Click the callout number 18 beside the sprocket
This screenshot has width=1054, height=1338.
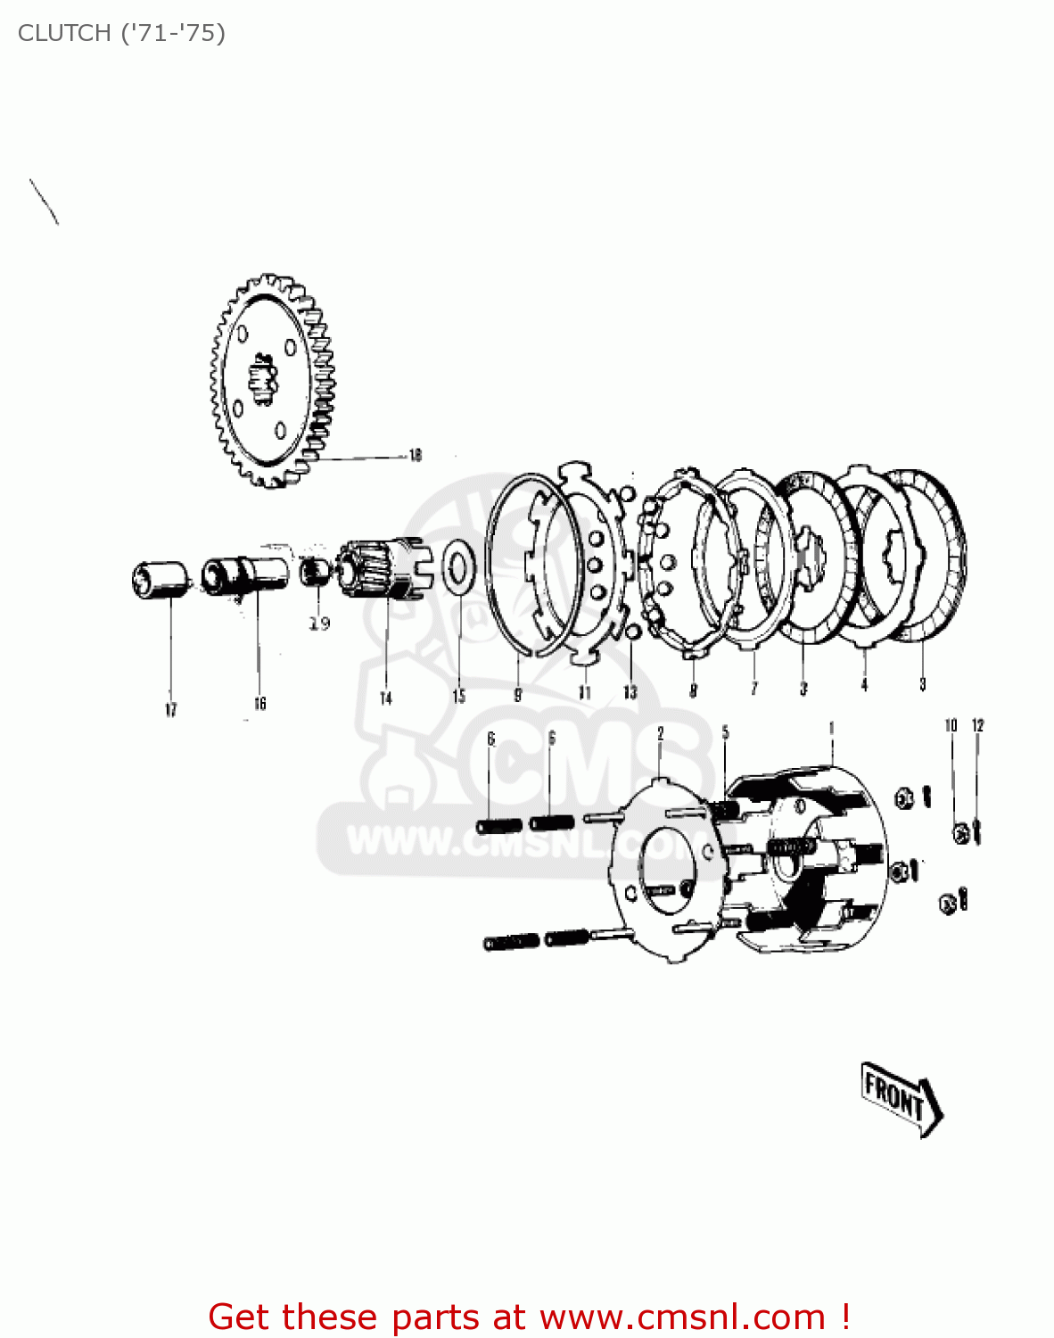tap(415, 455)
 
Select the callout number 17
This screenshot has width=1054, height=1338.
tap(170, 710)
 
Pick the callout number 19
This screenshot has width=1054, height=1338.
tap(319, 624)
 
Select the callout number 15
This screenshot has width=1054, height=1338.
tap(458, 696)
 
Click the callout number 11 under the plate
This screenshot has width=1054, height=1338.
tap(584, 692)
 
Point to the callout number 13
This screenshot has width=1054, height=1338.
tap(630, 692)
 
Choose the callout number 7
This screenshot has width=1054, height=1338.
tap(753, 688)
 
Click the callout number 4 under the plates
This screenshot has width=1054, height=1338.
tap(863, 685)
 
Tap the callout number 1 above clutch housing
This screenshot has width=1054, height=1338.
tap(831, 729)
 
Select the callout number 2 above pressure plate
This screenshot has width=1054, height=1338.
tap(660, 733)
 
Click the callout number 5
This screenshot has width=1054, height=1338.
tap(725, 732)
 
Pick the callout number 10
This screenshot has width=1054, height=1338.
tap(951, 725)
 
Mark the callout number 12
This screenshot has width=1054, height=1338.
tap(977, 725)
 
